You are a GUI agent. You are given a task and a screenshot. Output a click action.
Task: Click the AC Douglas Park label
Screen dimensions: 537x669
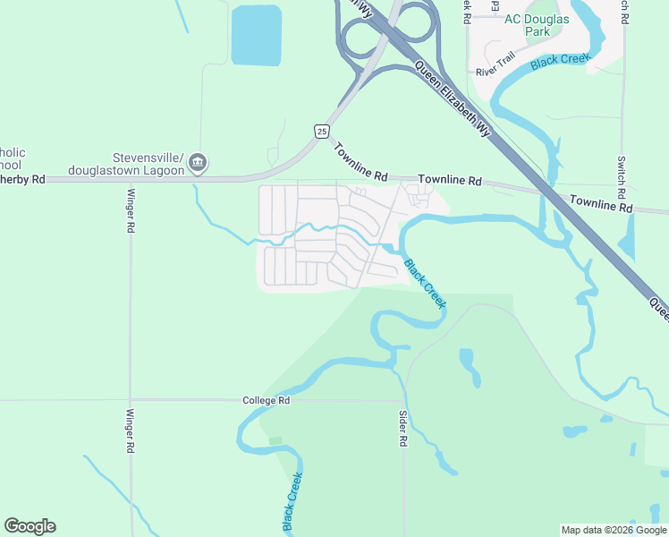pyautogui.click(x=538, y=24)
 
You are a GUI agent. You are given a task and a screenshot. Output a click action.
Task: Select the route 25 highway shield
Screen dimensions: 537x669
pyautogui.click(x=321, y=132)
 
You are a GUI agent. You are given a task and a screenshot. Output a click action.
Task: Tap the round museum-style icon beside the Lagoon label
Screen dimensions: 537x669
pyautogui.click(x=199, y=163)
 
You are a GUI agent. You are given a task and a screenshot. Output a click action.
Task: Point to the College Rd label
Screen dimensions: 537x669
pyautogui.click(x=267, y=401)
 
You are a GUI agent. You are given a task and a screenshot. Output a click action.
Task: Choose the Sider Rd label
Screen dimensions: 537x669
pyautogui.click(x=403, y=429)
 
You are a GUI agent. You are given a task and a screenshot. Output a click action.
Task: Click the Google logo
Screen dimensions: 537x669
pyautogui.click(x=30, y=526)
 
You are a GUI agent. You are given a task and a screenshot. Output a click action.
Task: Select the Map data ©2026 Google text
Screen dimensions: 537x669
pyautogui.click(x=613, y=530)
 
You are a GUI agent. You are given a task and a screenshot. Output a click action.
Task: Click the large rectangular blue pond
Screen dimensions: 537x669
pyautogui.click(x=256, y=35)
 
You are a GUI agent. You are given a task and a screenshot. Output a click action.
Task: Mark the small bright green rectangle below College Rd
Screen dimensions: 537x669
pyautogui.click(x=275, y=441)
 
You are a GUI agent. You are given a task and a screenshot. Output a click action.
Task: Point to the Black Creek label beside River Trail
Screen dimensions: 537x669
pyautogui.click(x=560, y=62)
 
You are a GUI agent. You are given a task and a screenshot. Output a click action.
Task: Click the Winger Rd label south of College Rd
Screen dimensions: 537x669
pyautogui.click(x=131, y=430)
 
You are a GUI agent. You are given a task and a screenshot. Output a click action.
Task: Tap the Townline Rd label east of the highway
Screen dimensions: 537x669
pyautogui.click(x=600, y=204)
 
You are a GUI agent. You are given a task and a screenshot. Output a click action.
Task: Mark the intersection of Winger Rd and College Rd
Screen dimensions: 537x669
pyautogui.click(x=131, y=400)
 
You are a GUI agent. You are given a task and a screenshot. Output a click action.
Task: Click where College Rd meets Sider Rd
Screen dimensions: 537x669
pyautogui.click(x=404, y=401)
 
